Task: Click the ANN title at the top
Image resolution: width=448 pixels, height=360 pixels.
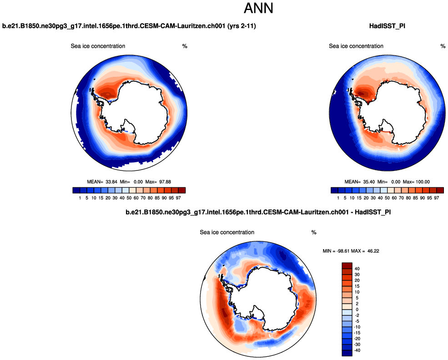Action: click(x=258, y=9)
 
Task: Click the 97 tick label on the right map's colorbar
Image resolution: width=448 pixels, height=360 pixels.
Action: click(x=437, y=198)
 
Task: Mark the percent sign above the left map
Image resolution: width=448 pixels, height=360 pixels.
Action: click(x=185, y=46)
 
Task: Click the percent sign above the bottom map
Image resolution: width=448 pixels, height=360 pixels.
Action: click(x=314, y=232)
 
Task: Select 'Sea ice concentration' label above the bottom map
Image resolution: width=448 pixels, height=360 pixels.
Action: click(x=227, y=232)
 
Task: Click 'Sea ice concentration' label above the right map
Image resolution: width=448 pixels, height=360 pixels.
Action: click(x=356, y=46)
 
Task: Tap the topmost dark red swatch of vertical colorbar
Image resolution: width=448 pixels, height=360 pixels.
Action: click(x=347, y=265)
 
